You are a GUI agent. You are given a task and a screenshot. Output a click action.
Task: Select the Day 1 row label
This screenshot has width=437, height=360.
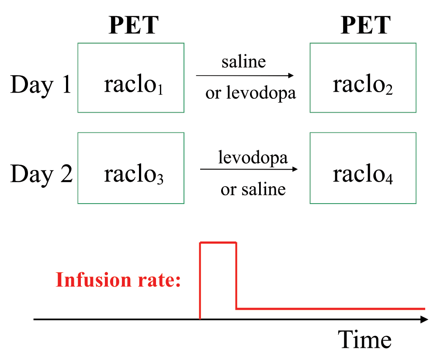[x=41, y=85]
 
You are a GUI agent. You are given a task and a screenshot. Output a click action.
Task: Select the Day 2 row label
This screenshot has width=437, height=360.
[x=41, y=174]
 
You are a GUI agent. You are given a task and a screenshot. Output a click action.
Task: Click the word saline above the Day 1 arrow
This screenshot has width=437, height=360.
[x=243, y=62]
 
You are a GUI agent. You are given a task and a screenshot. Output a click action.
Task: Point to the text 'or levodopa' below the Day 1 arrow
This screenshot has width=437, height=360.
[x=250, y=93]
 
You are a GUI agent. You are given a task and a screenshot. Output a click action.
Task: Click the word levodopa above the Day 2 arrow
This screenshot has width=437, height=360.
[x=253, y=158]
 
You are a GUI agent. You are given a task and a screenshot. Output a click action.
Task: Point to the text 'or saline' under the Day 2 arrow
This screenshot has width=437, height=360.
[x=253, y=190]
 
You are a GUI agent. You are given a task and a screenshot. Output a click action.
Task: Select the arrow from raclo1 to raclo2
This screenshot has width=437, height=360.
[x=245, y=76]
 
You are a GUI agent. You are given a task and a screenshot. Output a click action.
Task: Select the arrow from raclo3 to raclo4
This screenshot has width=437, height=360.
[x=249, y=169]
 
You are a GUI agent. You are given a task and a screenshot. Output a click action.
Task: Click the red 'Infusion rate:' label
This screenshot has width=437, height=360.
[x=118, y=280]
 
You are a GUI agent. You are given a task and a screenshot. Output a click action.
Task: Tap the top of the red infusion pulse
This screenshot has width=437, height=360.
[x=218, y=242]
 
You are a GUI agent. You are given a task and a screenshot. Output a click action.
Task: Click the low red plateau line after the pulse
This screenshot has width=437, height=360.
[x=330, y=309]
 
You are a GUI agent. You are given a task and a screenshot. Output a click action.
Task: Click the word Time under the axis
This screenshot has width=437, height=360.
[x=364, y=339]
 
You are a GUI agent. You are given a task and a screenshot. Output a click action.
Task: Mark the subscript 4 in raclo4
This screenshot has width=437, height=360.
[x=389, y=179]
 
